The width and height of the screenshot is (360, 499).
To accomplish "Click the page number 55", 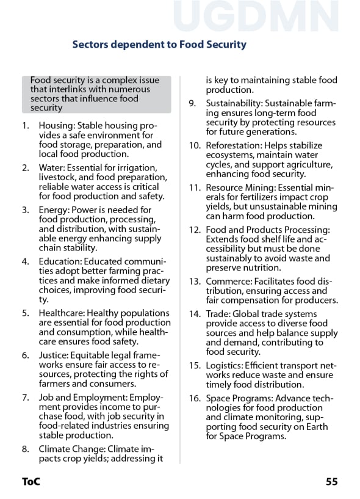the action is tap(331, 481).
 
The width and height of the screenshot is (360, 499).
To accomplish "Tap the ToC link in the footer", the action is tap(31, 481).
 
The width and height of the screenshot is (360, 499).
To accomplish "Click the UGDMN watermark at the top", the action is tap(256, 16).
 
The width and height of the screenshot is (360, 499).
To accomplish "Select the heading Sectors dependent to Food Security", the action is tap(159, 45).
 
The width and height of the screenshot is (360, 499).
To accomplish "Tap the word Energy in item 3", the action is tap(53, 209).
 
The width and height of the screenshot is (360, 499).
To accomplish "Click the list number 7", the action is tap(25, 398).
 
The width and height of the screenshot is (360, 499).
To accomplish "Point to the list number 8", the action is tap(25, 450).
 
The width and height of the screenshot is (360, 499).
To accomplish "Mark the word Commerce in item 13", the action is tap(226, 282).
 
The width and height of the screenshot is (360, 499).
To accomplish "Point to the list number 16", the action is tap(195, 399).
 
